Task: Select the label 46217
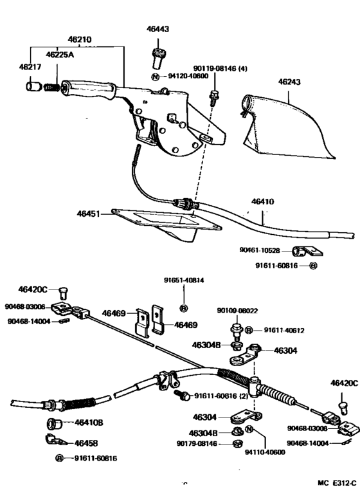click(29, 67)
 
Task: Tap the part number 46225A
click(60, 55)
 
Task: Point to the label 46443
click(157, 30)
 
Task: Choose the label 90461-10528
click(260, 251)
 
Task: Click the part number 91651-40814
click(183, 280)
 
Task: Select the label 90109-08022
click(239, 311)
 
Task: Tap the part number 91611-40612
click(285, 331)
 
